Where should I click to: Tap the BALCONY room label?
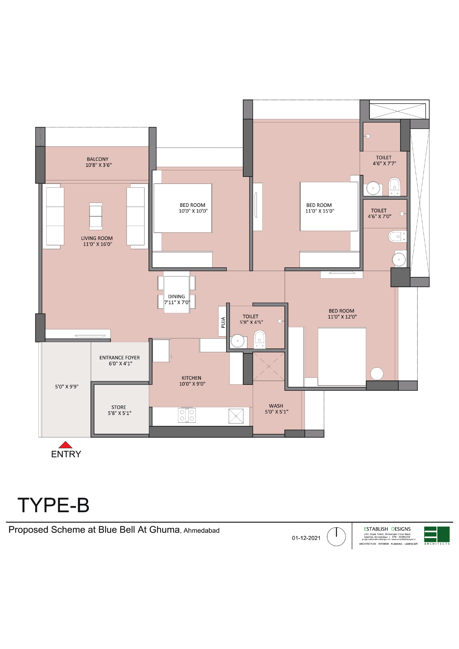98,159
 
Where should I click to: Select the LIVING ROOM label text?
97,238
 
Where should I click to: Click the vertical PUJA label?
223,322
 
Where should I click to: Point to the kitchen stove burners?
187,415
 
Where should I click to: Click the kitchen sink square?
236,416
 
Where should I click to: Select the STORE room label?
119,407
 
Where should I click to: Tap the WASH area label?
276,406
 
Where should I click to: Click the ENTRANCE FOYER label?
120,358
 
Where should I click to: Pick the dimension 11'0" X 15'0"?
320,211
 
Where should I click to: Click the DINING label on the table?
176,297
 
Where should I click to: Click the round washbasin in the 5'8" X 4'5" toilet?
238,341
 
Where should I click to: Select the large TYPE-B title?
53,505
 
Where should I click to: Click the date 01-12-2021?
306,538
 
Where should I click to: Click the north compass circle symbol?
336,537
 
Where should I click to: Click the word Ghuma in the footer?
165,530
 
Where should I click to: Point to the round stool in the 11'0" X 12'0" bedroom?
377,374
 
